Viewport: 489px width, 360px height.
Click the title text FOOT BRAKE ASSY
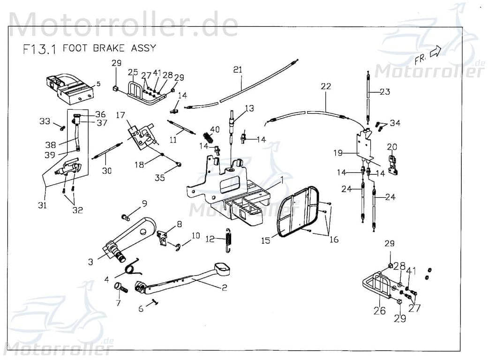pos(109,48)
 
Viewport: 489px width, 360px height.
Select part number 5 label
pos(98,84)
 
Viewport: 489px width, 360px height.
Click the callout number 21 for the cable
pos(238,70)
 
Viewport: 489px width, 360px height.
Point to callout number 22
pos(325,86)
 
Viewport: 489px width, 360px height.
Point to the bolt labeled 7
pos(121,288)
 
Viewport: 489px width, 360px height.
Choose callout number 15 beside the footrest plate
pos(266,240)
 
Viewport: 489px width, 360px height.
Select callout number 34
pos(395,123)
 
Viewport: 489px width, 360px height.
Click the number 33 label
pos(45,122)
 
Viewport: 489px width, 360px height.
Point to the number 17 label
pos(120,115)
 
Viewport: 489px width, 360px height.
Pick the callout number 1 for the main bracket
pos(282,180)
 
